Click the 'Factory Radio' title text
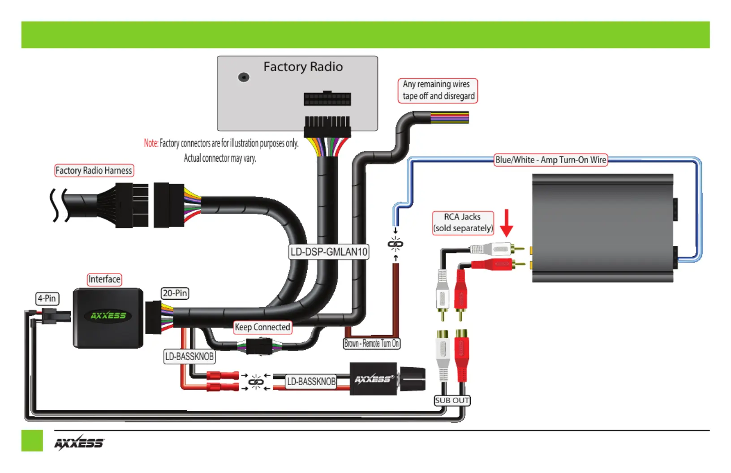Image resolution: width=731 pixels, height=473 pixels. pos(303,67)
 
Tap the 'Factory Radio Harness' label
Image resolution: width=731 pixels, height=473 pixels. pos(94,170)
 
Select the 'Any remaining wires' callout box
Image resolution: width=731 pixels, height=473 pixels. pos(438,90)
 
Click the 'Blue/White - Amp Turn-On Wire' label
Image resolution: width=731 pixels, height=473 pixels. pos(550,160)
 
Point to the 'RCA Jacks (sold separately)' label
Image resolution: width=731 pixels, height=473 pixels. pos(463,223)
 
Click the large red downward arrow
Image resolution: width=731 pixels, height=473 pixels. pos(507,223)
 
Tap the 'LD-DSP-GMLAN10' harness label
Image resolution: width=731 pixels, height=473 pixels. pos(329,252)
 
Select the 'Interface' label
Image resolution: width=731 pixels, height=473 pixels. pos(104,279)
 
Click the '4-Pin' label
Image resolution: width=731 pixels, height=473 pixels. pos(47,298)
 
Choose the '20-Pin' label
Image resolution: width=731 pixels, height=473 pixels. pos(175,293)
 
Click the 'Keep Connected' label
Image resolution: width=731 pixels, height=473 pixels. pos(262,327)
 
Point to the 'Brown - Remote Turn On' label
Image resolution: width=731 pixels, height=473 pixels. pos(371,344)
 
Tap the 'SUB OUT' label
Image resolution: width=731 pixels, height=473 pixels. pos(452,400)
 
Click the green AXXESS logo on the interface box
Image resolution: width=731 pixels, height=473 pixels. pos(108,316)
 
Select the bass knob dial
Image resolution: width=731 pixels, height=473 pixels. pos(412,379)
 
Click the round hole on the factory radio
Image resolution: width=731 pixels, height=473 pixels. pos(244,77)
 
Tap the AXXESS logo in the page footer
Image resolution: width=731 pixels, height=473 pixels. pos(79,443)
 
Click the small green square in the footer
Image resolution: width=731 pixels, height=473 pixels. pos(32,441)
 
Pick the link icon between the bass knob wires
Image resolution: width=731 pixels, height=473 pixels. pos(256,382)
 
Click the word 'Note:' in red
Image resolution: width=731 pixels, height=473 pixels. pos(151,143)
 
